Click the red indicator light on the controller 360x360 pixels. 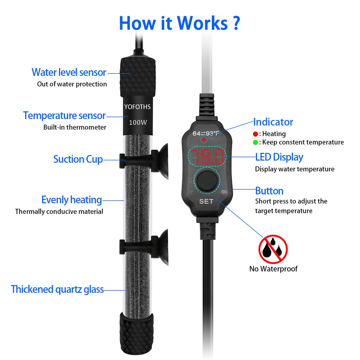point(204,139)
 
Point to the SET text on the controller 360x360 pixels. point(206,201)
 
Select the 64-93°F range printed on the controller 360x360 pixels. point(206,133)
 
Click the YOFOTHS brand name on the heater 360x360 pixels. point(137,107)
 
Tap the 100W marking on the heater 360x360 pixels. point(138,122)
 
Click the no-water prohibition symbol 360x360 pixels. point(273,249)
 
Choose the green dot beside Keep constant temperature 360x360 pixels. point(255,142)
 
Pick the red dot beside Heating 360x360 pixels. point(255,134)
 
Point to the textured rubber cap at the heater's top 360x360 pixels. point(138,77)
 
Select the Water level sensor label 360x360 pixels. point(69,72)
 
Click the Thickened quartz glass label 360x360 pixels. point(57,289)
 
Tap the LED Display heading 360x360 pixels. point(279,157)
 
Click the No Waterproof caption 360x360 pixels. point(273,268)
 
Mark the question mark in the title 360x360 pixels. point(236,23)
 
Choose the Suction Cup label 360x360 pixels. point(78,159)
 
